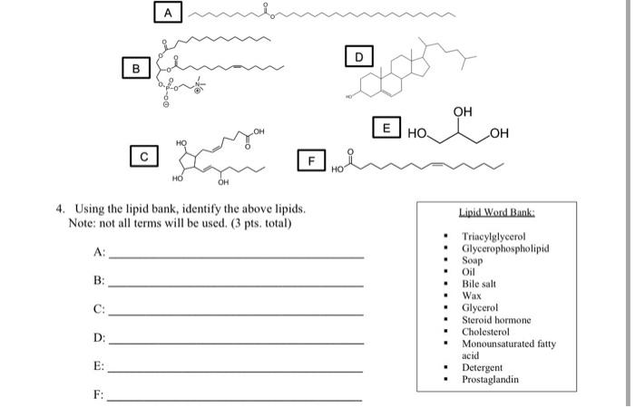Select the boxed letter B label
pos(136,67)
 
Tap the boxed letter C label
pos(143,157)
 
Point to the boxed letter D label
pos(358,57)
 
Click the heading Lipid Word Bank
pos(496,212)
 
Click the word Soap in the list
pos(472,259)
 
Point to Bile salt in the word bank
pos(478,283)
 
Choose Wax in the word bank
pos(471,296)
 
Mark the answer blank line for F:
pos(236,398)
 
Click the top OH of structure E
pos(463,111)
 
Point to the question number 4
pos(60,208)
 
